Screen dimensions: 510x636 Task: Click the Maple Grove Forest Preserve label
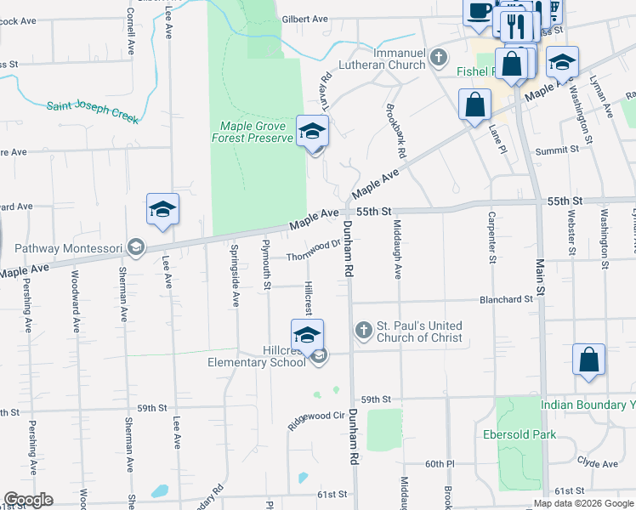click(253, 132)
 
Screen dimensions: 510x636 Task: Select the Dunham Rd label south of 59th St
click(350, 434)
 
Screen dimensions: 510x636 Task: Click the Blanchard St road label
click(506, 299)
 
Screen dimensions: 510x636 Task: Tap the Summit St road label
click(556, 150)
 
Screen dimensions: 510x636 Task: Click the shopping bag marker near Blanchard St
click(588, 360)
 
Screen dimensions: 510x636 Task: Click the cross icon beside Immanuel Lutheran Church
click(439, 58)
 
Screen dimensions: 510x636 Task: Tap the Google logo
click(29, 500)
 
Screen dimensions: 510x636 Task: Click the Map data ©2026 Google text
click(582, 503)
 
